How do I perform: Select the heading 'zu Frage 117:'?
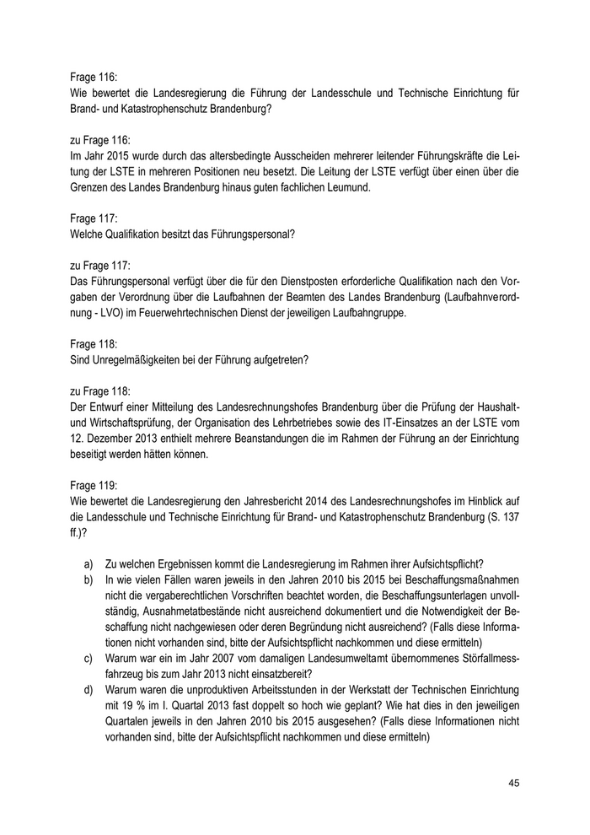click(x=99, y=263)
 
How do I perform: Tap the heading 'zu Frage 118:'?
click(x=99, y=391)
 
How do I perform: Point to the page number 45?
click(x=513, y=784)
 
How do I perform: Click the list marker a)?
click(x=88, y=564)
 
